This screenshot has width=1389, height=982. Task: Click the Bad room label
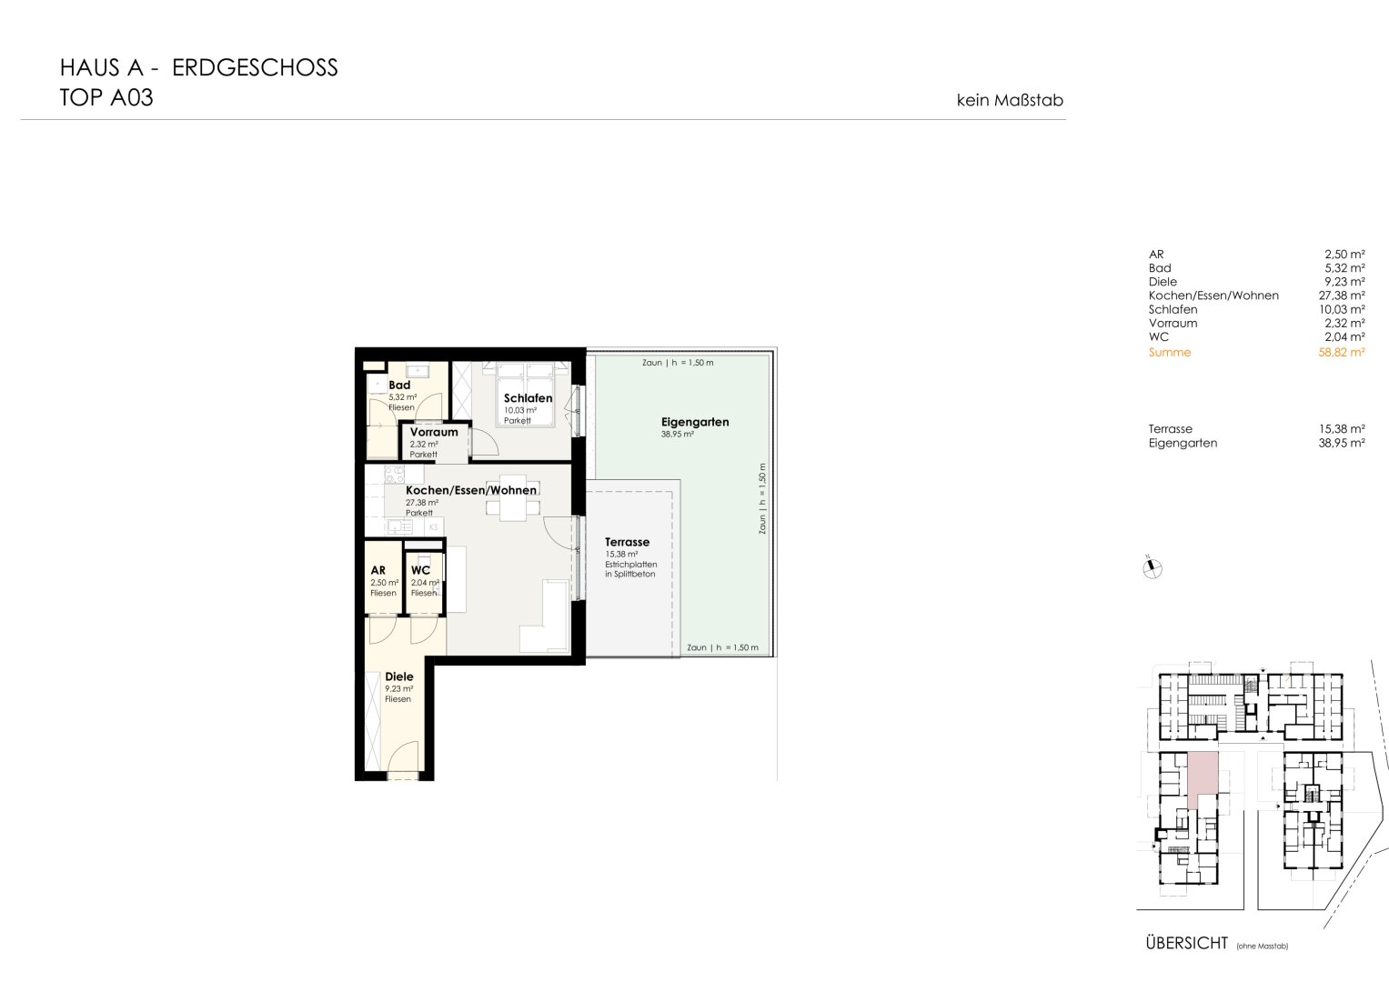399,385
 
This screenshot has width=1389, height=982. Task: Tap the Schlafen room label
528,398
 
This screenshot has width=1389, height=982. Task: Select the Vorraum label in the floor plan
434,432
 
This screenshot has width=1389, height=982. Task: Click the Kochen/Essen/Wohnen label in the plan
470,490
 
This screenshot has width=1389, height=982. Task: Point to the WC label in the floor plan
420,570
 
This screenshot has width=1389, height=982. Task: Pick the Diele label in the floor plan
398,676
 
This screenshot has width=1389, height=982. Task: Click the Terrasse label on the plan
627,542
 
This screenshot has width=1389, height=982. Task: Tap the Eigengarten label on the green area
695,422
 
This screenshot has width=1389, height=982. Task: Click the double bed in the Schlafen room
526,395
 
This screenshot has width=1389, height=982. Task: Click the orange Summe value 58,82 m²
1342,352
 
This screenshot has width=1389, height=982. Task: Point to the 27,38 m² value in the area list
1342,296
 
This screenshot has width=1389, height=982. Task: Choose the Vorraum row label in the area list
1173,323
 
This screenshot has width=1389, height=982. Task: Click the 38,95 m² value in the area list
1342,443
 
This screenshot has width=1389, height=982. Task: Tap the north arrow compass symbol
1152,568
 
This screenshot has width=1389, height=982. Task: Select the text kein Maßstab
1010,100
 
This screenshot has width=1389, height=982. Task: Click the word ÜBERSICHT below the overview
1186,943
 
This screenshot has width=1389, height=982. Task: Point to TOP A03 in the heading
106,98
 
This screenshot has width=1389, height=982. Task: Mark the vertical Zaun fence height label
762,498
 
